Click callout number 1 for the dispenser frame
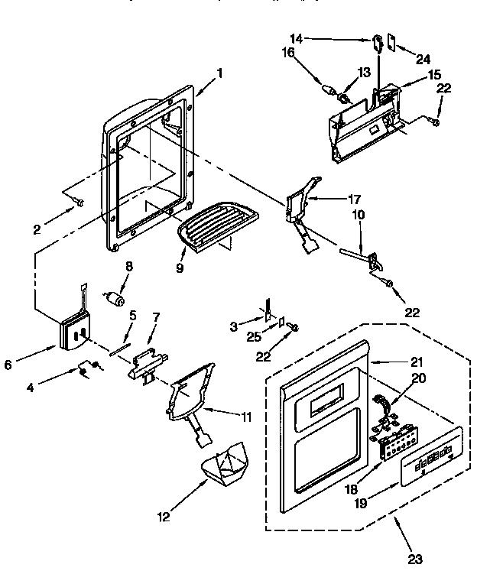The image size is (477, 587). pos(219,73)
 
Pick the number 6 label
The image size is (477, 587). pos(8,365)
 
